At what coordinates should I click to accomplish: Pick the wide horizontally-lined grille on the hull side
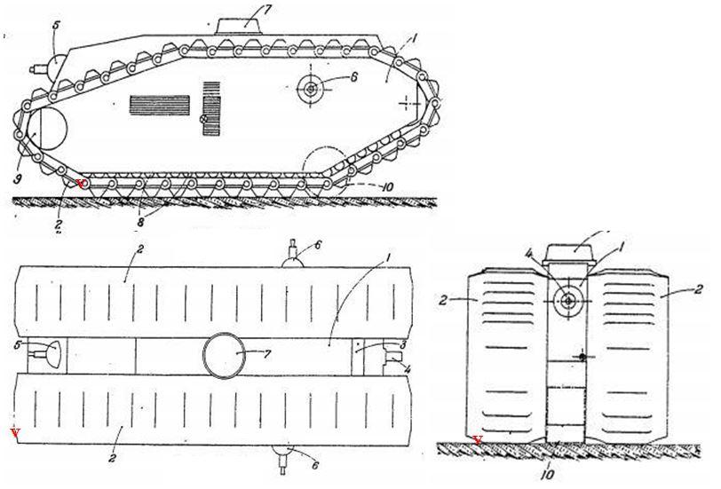click(x=160, y=105)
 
